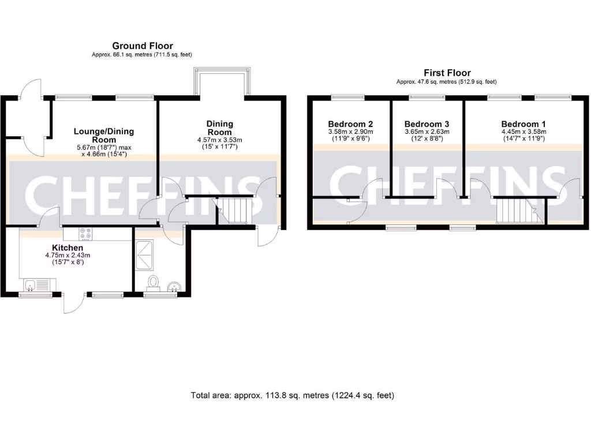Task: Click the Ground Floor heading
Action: pos(142,46)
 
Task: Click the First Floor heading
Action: pos(447,73)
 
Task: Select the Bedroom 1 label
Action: pos(523,124)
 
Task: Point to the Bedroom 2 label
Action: pos(350,124)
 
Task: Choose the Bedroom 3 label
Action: pos(427,124)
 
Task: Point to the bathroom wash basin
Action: pos(173,286)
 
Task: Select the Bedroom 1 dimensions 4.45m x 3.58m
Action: pos(523,132)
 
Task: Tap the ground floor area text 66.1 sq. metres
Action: pos(142,55)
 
